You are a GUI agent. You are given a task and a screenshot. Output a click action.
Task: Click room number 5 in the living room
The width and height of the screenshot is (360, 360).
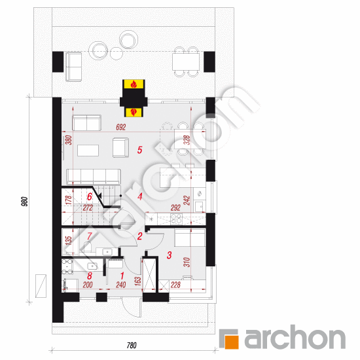139,150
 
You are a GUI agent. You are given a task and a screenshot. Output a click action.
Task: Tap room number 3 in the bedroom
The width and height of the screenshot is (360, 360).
170,255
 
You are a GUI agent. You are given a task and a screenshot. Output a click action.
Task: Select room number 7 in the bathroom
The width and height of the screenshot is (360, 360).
90,236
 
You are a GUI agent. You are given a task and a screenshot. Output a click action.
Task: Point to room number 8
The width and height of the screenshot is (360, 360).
90,276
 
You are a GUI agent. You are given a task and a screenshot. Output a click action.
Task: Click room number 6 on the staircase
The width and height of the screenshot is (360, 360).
90,197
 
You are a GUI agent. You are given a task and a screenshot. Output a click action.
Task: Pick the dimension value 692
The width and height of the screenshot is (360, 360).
121,127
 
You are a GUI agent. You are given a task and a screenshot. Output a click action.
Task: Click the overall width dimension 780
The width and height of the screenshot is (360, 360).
132,345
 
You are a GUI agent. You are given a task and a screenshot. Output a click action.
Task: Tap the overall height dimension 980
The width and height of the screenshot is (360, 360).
25,202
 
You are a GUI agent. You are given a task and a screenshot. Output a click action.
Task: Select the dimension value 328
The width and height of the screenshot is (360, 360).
187,140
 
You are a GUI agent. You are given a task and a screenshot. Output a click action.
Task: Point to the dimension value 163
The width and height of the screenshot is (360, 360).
138,281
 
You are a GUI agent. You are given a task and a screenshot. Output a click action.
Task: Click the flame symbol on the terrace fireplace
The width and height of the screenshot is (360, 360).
134,84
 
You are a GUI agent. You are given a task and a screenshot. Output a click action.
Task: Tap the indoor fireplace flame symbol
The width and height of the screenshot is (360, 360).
134,112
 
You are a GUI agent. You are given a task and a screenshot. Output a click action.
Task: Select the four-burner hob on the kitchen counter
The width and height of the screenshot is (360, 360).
176,218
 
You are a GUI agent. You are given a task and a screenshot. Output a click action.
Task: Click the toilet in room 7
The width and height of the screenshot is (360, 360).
88,247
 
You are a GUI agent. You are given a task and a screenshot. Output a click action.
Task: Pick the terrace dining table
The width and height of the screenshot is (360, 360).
186,62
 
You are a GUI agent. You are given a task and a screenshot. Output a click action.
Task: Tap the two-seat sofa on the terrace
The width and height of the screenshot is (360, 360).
74,67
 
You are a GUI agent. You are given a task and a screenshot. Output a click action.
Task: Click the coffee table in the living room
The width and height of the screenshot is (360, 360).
88,151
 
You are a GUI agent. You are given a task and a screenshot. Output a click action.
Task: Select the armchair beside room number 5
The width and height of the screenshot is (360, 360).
120,148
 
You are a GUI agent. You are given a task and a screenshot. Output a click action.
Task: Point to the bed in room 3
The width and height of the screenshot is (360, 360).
190,238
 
